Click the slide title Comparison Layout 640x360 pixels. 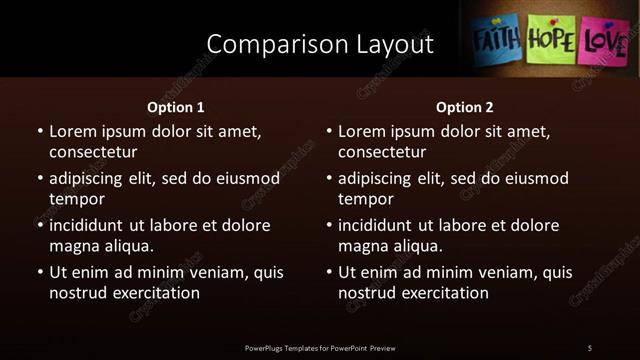pyautogui.click(x=320, y=44)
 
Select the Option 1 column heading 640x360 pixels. pyautogui.click(x=176, y=107)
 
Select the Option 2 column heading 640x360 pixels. pyautogui.click(x=465, y=107)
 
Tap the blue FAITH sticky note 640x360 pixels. pyautogui.click(x=496, y=41)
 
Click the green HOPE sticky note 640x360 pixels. pyautogui.click(x=551, y=41)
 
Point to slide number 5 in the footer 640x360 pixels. pyautogui.click(x=590, y=347)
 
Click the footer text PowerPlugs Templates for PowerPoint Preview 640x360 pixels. pyautogui.click(x=320, y=347)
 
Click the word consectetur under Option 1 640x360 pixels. pyautogui.click(x=93, y=152)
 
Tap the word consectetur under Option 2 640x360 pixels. pyautogui.click(x=382, y=152)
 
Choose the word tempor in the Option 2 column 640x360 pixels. pyautogui.click(x=365, y=199)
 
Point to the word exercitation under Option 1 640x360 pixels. pyautogui.click(x=153, y=293)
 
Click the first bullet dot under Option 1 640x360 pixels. pyautogui.click(x=39, y=132)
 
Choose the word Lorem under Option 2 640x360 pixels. pyautogui.click(x=361, y=131)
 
